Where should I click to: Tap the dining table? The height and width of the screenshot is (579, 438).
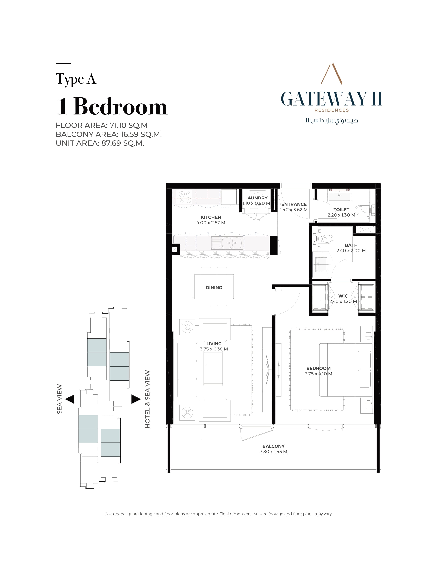coord(214,287)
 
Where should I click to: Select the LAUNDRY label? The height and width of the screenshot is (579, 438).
coord(256,198)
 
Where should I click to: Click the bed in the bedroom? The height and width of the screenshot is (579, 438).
coord(345,370)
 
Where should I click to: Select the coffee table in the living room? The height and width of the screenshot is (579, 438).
coord(214,369)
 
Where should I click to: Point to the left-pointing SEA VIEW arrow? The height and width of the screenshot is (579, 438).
coord(70,399)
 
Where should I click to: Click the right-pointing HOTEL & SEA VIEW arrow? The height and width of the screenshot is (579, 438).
coord(136,399)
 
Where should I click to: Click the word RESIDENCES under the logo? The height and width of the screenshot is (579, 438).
coord(332,110)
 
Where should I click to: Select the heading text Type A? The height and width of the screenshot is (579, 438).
coord(76,79)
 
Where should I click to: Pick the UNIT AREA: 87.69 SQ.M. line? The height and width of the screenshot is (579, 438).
coord(100,143)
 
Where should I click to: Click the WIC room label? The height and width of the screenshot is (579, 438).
coord(343,296)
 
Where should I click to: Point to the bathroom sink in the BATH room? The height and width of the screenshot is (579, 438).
coord(321,264)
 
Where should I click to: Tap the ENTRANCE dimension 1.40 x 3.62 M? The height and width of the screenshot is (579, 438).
coord(294,210)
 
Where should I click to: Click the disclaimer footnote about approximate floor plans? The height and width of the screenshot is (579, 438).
coord(219,514)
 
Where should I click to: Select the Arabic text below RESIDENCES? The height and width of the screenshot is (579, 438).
coord(332,121)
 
